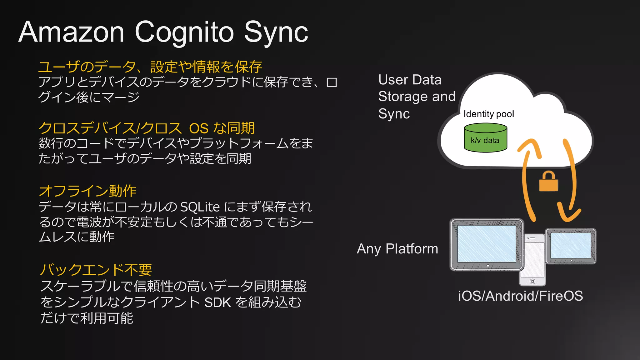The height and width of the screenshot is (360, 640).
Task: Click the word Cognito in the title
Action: (184, 32)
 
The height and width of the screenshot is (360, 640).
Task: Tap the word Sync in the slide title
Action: (276, 32)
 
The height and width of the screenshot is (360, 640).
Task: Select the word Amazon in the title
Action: (72, 32)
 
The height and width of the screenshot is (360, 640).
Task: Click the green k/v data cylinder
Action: (485, 138)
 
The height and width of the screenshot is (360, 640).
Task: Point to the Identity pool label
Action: (488, 114)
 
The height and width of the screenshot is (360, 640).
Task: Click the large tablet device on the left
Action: (487, 244)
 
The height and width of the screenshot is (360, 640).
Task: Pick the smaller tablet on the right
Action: (571, 246)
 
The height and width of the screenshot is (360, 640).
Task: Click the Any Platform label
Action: (397, 249)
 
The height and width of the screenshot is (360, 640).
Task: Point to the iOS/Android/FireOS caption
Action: (520, 296)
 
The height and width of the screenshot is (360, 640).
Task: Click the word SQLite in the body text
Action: (200, 207)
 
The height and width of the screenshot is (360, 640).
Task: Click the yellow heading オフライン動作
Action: (88, 191)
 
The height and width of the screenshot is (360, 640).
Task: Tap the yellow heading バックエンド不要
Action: (96, 269)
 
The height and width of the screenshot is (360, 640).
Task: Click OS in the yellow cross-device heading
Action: (199, 128)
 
